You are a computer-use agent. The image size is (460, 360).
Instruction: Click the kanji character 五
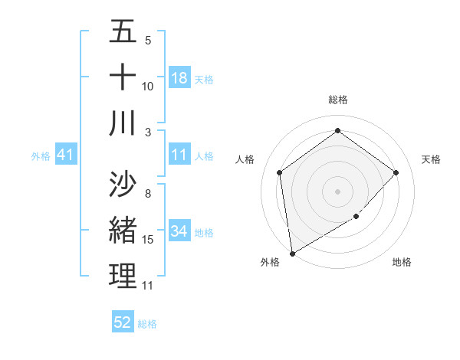point(123,32)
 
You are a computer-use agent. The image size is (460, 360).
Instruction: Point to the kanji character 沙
point(123,185)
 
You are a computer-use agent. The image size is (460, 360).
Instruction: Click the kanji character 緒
point(123,230)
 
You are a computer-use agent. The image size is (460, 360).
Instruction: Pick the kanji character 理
point(123,276)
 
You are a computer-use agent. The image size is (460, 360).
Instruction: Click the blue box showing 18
point(179,78)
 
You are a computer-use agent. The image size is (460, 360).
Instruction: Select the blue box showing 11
point(179,155)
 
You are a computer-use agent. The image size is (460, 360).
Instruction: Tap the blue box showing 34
point(179,231)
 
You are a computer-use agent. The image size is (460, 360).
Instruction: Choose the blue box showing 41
point(66,155)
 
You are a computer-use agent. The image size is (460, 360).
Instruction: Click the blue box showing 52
point(123,322)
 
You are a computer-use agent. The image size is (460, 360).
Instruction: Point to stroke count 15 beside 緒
point(148,240)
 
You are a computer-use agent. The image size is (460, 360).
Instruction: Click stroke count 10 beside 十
point(148,86)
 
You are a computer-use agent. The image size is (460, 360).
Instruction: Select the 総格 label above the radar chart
point(338,100)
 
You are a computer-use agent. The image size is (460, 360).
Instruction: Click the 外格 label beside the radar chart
point(269,263)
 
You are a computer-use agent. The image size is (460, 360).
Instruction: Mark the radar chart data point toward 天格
point(396,172)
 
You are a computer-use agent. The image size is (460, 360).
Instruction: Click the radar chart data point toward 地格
point(356,217)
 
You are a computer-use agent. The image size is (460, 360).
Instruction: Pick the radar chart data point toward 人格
point(280,172)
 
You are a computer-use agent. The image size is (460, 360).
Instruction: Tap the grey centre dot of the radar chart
point(338,191)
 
